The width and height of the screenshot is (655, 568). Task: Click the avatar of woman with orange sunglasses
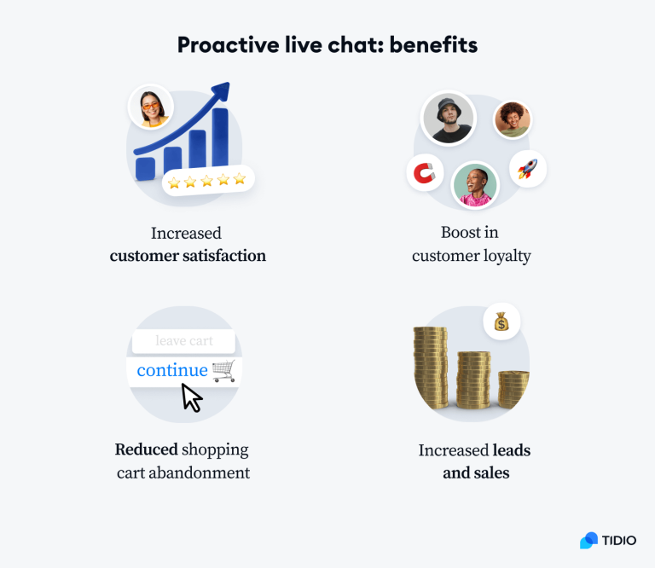click(x=151, y=107)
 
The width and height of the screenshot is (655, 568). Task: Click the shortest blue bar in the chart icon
click(x=146, y=167)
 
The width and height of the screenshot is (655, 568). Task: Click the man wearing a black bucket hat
click(x=449, y=118)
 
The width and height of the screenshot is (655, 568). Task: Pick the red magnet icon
click(x=424, y=173)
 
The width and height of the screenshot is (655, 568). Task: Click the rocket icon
click(x=527, y=169)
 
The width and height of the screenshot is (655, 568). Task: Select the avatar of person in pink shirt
click(x=474, y=185)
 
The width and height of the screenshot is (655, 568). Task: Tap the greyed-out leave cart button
click(x=184, y=341)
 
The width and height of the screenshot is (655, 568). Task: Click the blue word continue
click(x=171, y=370)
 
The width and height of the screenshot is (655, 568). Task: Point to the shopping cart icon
click(x=223, y=370)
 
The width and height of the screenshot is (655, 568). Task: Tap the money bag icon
click(x=501, y=322)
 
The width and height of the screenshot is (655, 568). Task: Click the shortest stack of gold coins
click(x=513, y=389)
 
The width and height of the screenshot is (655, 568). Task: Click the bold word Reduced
click(x=146, y=449)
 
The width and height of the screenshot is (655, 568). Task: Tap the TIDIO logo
click(x=608, y=540)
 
